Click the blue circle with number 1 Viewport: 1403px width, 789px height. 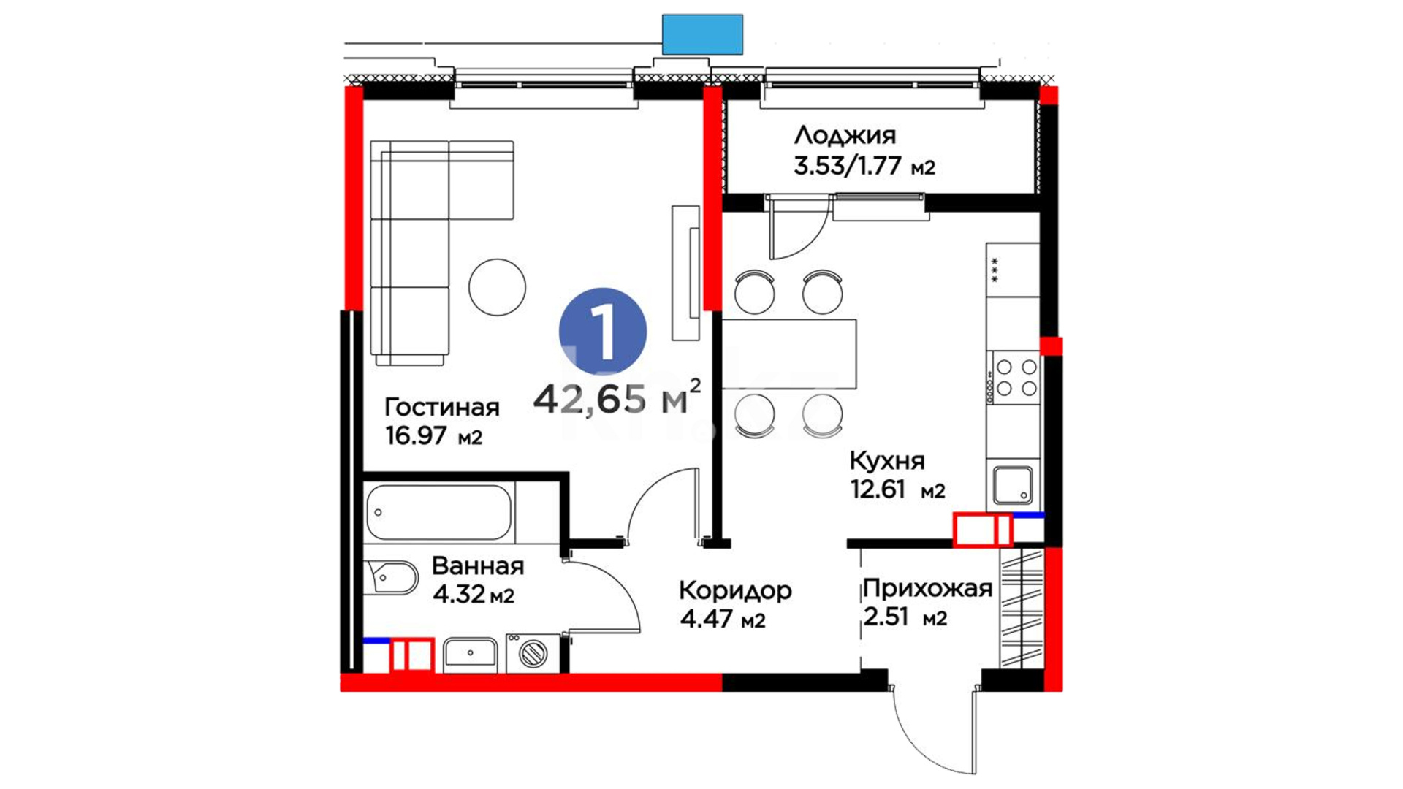(603, 331)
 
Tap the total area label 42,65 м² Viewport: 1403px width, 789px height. (617, 398)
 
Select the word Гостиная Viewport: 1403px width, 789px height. (442, 407)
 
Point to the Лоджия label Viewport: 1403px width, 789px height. (845, 136)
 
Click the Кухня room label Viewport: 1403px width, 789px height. (887, 461)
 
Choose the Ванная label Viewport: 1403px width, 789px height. (478, 565)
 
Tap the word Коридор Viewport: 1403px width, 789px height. (735, 590)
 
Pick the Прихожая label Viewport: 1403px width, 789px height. (927, 588)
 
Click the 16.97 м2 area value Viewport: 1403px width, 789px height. (434, 436)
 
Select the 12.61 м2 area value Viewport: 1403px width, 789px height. (897, 489)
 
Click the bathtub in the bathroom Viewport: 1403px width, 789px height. (438, 512)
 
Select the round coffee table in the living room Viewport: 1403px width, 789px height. (497, 287)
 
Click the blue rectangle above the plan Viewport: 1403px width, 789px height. (702, 34)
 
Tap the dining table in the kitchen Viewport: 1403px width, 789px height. (789, 354)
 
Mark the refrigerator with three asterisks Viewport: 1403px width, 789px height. (1013, 270)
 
